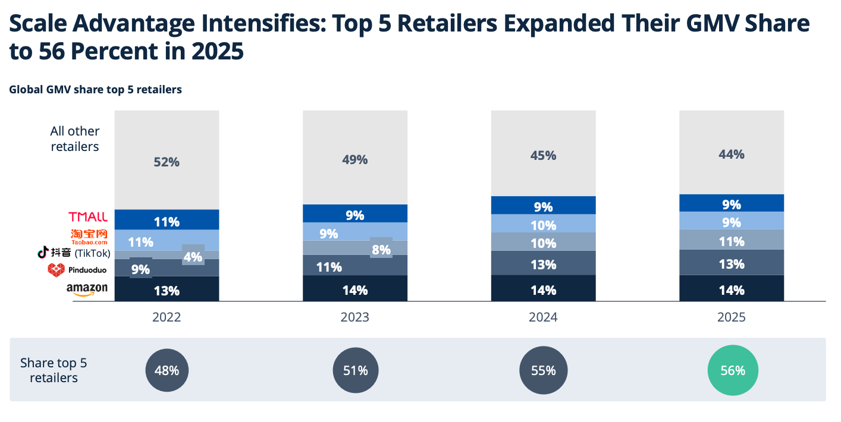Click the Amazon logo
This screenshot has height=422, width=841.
point(87,289)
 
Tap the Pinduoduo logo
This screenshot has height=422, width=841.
point(77,270)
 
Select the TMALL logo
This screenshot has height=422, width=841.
point(88,217)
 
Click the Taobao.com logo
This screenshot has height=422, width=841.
point(89,237)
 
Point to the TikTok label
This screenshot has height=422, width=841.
point(74,253)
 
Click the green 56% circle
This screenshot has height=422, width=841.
point(733,370)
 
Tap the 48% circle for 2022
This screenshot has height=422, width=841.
point(167,370)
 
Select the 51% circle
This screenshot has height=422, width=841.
point(356,370)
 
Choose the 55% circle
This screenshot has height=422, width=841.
point(543,370)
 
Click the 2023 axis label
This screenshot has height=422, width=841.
point(355,317)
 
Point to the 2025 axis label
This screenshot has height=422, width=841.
point(732,317)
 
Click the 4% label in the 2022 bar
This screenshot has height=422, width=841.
point(193,257)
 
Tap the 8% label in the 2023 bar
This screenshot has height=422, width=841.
point(381,250)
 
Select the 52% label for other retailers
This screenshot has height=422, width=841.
point(167,162)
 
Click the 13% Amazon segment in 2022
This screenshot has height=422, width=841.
point(167,289)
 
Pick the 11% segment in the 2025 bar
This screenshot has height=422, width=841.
point(732,240)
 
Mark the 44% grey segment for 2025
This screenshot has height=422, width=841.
point(732,152)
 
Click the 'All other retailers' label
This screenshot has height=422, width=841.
point(75,139)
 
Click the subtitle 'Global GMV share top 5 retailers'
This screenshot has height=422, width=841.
point(95,90)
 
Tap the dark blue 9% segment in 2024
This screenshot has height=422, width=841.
point(543,205)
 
